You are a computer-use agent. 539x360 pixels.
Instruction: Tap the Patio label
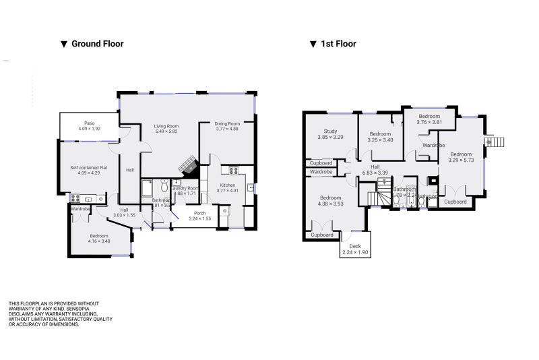point(89,123)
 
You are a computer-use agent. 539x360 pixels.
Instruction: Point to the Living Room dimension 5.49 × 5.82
point(166,131)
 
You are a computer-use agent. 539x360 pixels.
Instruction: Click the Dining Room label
point(227,123)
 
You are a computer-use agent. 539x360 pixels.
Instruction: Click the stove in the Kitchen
point(234,171)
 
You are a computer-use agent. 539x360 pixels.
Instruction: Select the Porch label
point(200,213)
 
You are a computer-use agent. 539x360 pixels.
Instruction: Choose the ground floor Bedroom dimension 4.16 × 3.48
point(99,241)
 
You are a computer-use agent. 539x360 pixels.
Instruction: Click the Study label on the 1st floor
point(330,131)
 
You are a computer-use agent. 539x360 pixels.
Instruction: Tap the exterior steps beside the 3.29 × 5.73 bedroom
point(495,142)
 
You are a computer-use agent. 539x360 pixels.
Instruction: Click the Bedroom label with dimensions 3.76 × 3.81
point(429,116)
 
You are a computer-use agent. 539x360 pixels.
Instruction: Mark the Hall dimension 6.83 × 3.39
point(375,173)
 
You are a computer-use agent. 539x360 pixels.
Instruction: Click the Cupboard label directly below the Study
point(321,163)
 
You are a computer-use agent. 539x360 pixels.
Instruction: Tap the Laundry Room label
point(187,188)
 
